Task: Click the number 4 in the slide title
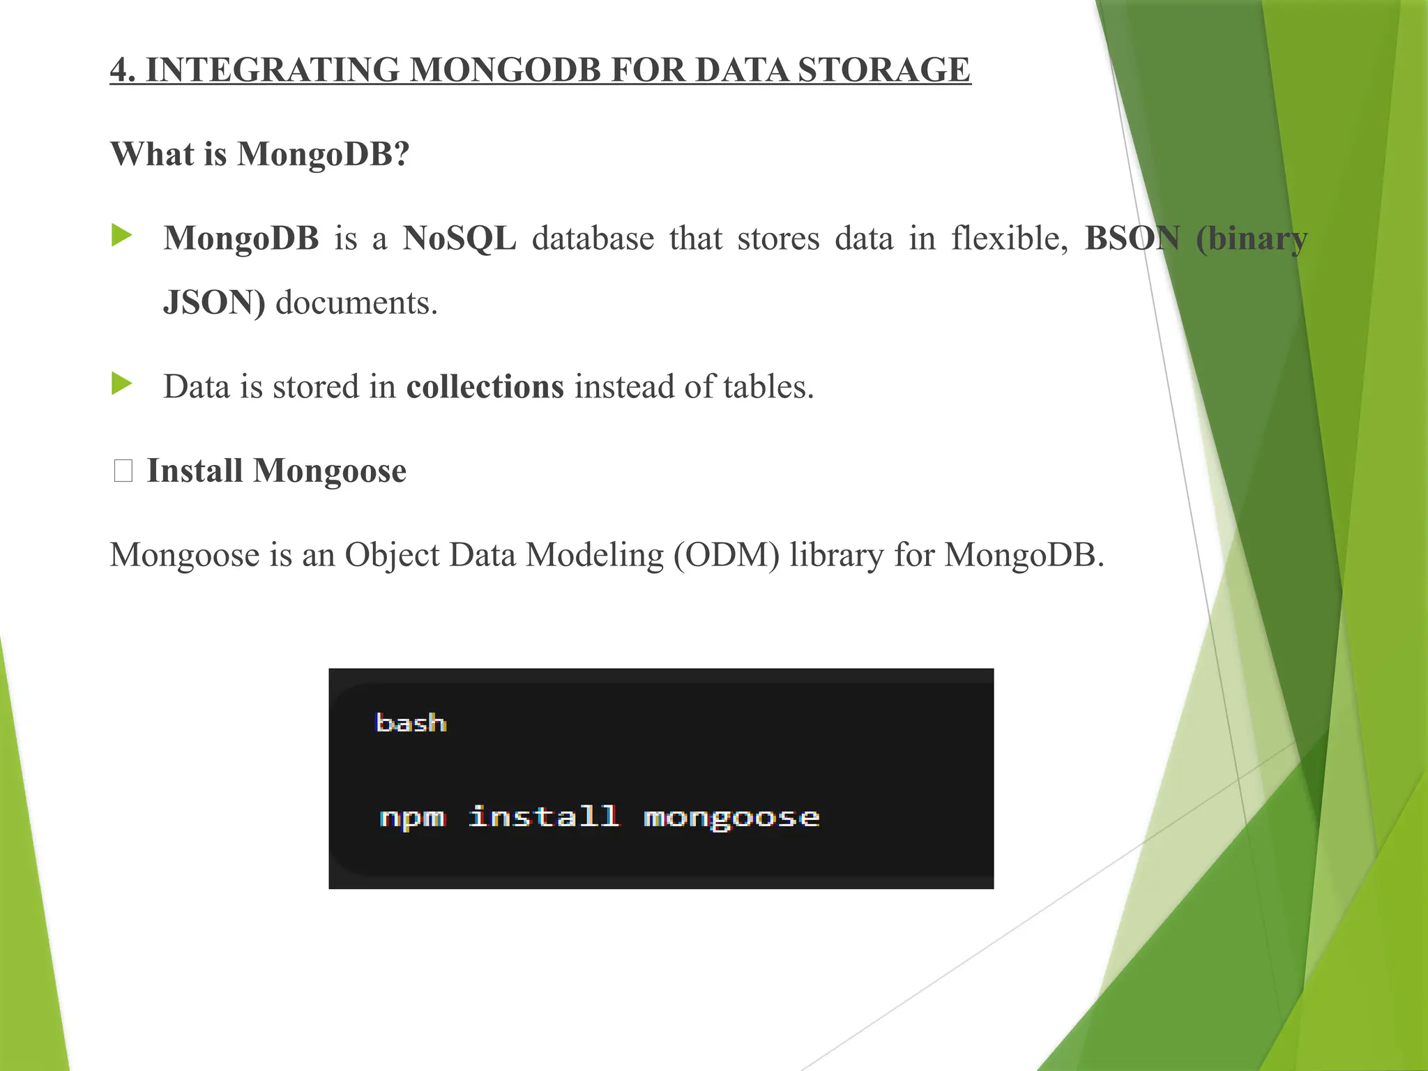119,70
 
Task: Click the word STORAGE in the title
883,70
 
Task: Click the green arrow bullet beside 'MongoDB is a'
121,236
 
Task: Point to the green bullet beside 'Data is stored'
121,383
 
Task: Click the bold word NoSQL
459,238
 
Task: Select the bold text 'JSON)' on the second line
214,303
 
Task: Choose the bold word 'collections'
485,387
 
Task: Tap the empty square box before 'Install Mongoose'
123,471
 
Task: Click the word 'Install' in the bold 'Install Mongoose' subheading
195,471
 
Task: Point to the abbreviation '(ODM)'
727,556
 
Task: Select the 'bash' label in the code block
411,723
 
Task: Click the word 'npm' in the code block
412,817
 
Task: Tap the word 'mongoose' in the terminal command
731,817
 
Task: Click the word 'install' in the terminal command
544,816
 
